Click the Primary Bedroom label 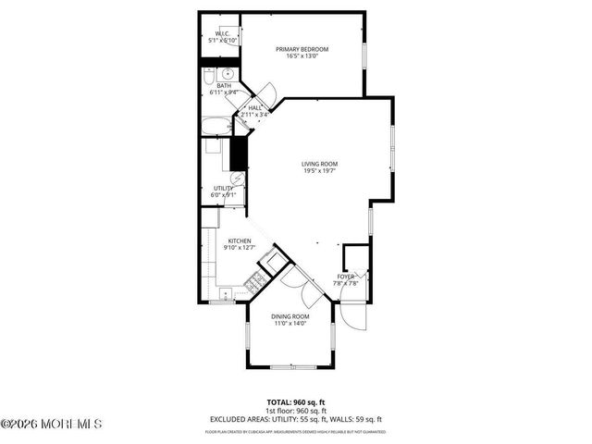click(302, 52)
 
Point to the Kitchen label click(240, 243)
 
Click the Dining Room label click(290, 319)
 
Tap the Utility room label click(224, 191)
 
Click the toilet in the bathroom click(228, 74)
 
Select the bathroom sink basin click(209, 74)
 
